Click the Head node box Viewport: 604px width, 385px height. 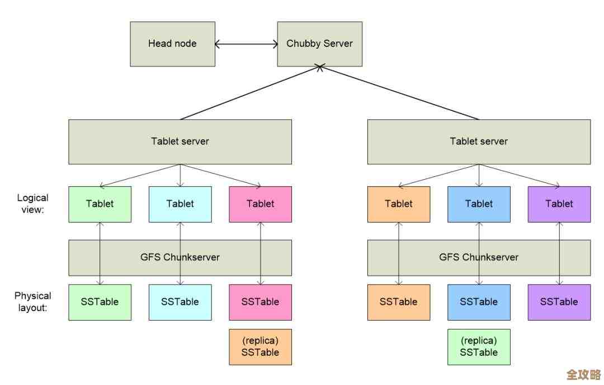[172, 44]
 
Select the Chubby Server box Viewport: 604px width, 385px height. [319, 44]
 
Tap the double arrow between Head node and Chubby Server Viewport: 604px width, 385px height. [246, 44]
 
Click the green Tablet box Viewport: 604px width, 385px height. [100, 204]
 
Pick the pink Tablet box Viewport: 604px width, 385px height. [260, 204]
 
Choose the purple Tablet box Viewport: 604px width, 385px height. [559, 204]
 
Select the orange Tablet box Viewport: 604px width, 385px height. [398, 204]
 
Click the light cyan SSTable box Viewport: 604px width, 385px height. [180, 302]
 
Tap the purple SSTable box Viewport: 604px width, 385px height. [559, 302]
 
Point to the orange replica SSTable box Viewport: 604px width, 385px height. [260, 346]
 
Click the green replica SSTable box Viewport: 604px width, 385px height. [479, 346]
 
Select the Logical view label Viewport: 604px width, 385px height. [32, 203]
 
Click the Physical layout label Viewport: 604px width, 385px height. [32, 301]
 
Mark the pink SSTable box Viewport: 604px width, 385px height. [260, 302]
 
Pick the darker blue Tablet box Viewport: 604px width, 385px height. [479, 204]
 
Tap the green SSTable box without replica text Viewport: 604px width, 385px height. [100, 302]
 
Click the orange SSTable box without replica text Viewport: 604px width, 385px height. [398, 302]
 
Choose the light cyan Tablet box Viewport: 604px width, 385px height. [180, 204]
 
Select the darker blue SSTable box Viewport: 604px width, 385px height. [479, 302]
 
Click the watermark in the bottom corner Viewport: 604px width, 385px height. [583, 374]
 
